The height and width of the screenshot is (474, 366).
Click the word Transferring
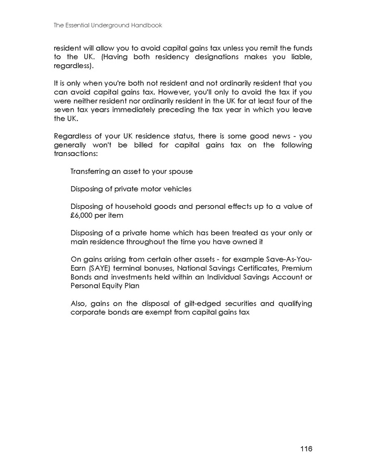[93, 171]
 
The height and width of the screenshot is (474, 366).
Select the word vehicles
[177, 189]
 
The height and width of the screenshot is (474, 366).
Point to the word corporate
[88, 312]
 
